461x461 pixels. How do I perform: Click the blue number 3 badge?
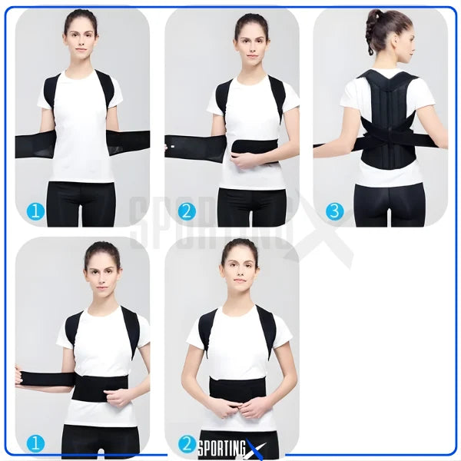point(334,211)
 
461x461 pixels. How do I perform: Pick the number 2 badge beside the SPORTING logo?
point(187,444)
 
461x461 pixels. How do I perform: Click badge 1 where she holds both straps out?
point(35,211)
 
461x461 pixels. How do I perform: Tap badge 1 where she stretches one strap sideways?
point(35,444)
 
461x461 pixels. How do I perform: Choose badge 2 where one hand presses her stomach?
point(187,211)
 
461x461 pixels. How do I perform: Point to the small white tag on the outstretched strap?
point(173,146)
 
